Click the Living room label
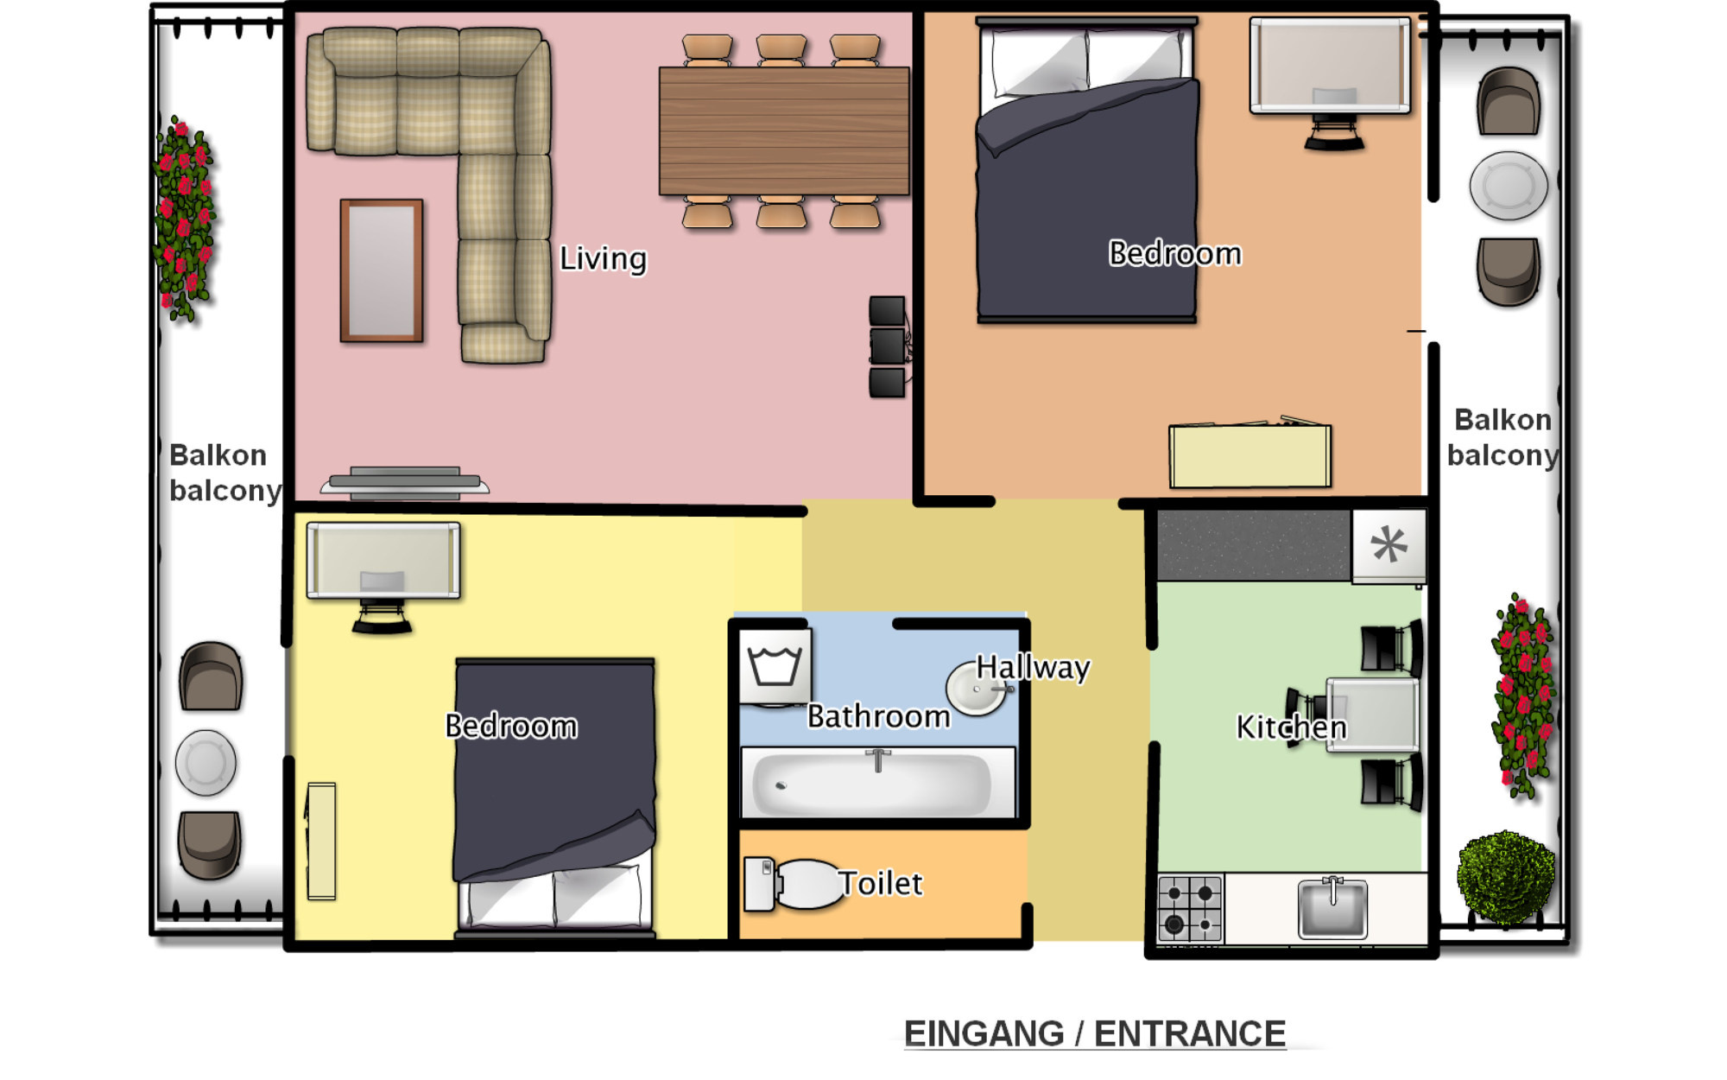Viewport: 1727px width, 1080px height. coord(603,258)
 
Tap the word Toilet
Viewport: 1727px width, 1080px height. coord(881,883)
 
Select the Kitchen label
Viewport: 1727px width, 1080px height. coord(1291,727)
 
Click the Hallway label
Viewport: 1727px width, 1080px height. coord(1033,667)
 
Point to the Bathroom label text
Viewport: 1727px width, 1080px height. coord(878,716)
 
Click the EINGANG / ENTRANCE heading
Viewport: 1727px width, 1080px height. coord(1094,1033)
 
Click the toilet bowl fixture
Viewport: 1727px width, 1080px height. coord(807,884)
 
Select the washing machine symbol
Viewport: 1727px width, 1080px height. coord(775,665)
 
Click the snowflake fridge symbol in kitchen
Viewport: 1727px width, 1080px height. coord(1389,545)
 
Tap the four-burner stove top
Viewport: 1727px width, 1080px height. coord(1190,909)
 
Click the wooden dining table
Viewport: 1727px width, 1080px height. coord(783,130)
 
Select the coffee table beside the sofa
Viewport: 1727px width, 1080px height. coord(381,270)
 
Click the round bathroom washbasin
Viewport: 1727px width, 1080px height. coord(976,689)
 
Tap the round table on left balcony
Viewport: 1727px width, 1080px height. coord(206,763)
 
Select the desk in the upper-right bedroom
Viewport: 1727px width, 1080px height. coord(1330,66)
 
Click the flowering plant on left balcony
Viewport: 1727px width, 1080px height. coord(183,220)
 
